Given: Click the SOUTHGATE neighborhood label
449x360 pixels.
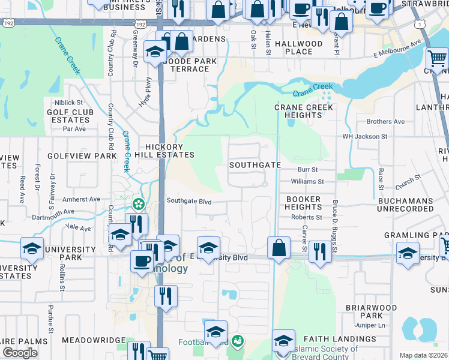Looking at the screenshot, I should click(x=255, y=164).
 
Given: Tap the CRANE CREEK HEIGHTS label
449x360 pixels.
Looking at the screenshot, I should click(x=303, y=111).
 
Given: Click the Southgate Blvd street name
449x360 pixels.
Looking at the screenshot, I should click(x=189, y=202).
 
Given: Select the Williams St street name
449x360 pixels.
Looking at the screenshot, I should click(x=307, y=181).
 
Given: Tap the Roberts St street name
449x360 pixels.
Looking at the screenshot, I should click(x=307, y=217).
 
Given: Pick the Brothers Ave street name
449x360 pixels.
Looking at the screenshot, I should click(x=385, y=121).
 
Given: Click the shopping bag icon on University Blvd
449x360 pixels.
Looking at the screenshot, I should click(x=279, y=247).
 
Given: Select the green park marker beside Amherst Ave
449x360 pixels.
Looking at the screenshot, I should click(x=139, y=204).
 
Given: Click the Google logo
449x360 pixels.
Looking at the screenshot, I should click(x=20, y=353).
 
